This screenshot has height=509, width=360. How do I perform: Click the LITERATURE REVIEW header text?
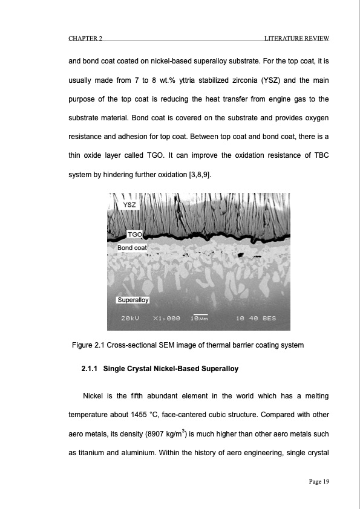[296, 39]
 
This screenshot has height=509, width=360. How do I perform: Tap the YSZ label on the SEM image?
[129, 206]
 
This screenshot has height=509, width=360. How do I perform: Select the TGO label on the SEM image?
[134, 234]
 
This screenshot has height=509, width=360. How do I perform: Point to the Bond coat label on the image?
[132, 248]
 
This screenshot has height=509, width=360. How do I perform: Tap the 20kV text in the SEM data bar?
[131, 319]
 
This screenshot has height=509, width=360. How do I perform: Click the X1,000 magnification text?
[165, 319]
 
